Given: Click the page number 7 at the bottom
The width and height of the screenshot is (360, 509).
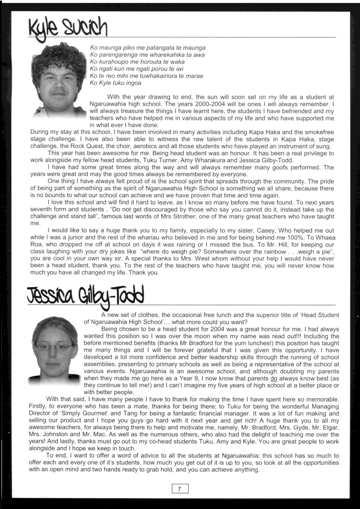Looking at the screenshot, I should click(x=180, y=489).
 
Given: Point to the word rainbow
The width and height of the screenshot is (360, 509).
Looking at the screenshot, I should click(x=275, y=252).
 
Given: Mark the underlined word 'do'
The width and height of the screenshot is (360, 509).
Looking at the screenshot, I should click(x=274, y=378).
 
